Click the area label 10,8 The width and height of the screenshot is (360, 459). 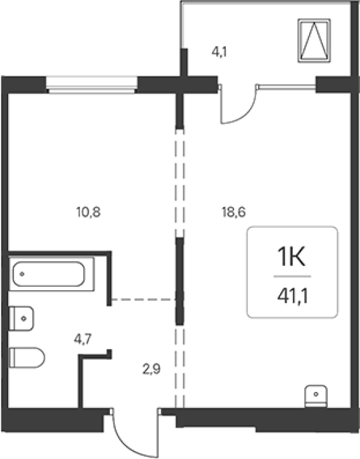click(88, 212)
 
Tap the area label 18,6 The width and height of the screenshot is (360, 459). click(233, 212)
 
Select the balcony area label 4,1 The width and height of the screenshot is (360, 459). click(219, 52)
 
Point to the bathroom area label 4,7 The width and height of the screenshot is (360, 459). click(83, 339)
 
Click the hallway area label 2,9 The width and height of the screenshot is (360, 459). click(152, 369)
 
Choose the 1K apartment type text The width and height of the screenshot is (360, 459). click(292, 257)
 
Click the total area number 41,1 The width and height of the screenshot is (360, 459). click(293, 297)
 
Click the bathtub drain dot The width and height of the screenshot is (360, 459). click(22, 274)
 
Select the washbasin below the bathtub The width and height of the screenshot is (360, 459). click(21, 318)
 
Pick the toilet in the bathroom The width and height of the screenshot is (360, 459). click(27, 357)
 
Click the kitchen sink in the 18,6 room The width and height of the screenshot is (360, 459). click(316, 397)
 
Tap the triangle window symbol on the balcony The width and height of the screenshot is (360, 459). click(314, 40)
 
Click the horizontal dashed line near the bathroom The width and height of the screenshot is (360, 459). click(143, 300)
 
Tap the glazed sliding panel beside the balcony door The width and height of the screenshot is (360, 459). click(287, 86)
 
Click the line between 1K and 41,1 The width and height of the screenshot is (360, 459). click(292, 276)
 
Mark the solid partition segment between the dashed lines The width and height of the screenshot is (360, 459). click(180, 281)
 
